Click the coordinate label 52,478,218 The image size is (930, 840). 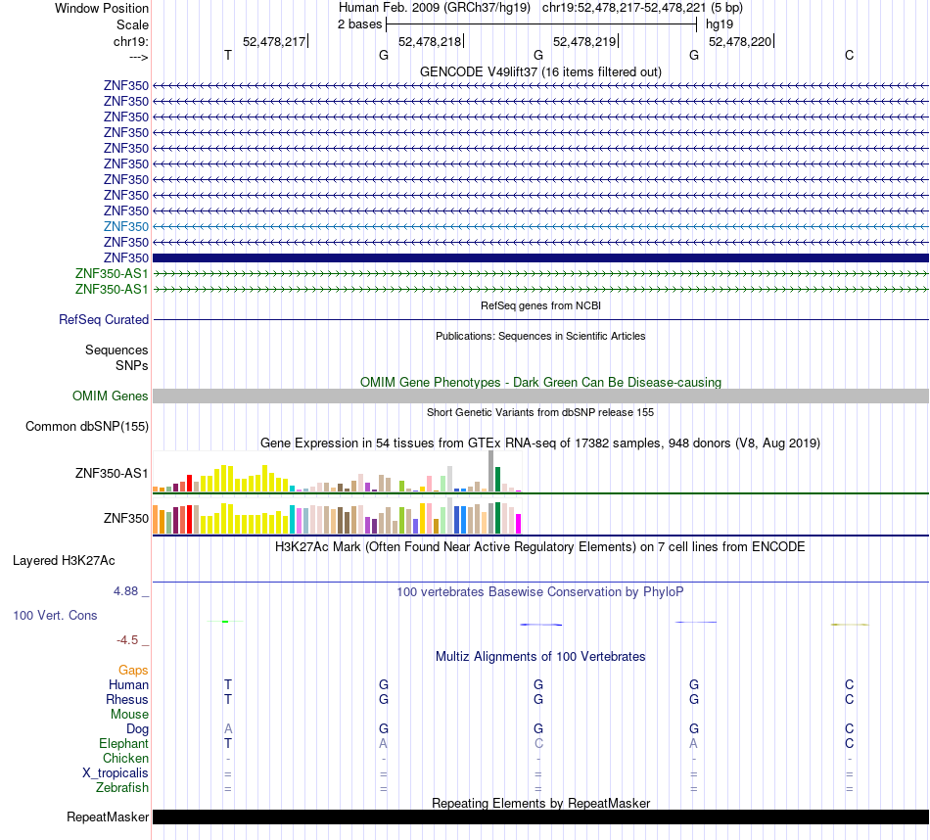[430, 41]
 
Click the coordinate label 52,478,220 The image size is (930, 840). [740, 41]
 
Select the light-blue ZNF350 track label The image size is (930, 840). [126, 226]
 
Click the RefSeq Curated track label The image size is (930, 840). [104, 320]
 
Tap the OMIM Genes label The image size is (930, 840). [111, 396]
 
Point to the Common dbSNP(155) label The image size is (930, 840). [87, 427]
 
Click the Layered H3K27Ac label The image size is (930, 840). [64, 561]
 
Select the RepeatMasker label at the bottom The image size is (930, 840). [108, 817]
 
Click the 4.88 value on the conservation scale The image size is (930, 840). [125, 591]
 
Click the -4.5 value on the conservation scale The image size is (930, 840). [127, 640]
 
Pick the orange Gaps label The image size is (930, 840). [133, 670]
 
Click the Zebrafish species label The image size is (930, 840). [122, 788]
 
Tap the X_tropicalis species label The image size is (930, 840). [116, 773]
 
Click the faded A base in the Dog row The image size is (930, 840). [228, 728]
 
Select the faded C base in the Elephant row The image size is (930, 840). [538, 743]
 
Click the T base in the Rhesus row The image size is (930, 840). [228, 699]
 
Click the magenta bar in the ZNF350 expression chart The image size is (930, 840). [519, 524]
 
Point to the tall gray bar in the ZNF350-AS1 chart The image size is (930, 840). [491, 471]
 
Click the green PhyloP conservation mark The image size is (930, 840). [225, 621]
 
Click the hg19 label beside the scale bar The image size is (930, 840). [720, 24]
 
